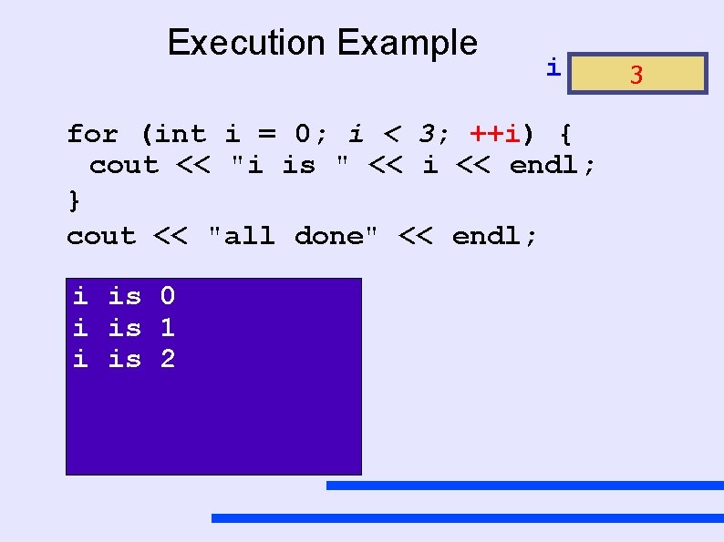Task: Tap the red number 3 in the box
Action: pos(636,75)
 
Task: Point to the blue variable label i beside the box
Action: pos(553,66)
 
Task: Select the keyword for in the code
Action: pos(92,135)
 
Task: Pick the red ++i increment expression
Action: pos(496,135)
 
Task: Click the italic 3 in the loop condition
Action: pos(426,135)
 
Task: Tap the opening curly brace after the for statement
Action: pos(565,135)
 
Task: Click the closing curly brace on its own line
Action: pos(74,199)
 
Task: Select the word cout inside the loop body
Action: pos(123,166)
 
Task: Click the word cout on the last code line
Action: pos(100,236)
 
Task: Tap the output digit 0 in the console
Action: pos(168,296)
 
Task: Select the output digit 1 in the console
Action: pos(168,327)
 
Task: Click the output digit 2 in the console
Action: pos(168,359)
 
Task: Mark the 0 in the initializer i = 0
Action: pos(304,135)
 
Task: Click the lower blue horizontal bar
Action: pos(467,517)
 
